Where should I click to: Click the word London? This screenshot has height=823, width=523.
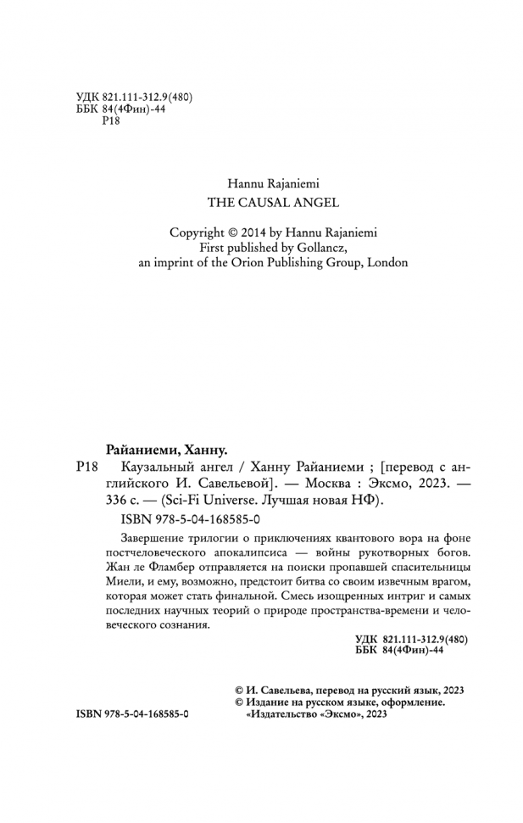[387, 262]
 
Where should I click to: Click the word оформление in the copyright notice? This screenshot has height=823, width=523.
[412, 703]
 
